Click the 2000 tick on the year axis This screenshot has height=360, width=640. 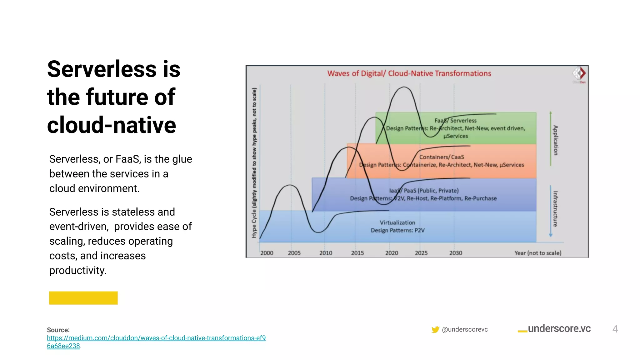(267, 253)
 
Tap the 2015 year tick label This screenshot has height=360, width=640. (357, 253)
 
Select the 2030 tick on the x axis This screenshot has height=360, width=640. (455, 253)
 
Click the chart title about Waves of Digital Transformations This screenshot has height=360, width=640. (409, 73)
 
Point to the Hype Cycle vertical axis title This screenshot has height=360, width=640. (254, 162)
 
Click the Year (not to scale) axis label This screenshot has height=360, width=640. (537, 253)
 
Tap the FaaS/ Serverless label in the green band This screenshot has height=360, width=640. (455, 121)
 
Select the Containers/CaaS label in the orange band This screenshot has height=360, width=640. (441, 157)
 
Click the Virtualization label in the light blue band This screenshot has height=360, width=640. (397, 222)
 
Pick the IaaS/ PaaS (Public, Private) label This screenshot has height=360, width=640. (423, 191)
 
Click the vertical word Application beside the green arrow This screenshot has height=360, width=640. (555, 140)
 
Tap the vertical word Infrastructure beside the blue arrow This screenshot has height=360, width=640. (555, 208)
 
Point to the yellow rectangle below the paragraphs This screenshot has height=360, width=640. (83, 298)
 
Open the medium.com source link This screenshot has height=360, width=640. (156, 338)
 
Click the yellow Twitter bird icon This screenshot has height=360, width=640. (435, 329)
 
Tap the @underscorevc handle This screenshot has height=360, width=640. (465, 329)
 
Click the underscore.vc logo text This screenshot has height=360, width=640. (559, 328)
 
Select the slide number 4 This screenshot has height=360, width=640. (615, 329)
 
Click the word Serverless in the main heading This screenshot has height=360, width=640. (102, 69)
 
